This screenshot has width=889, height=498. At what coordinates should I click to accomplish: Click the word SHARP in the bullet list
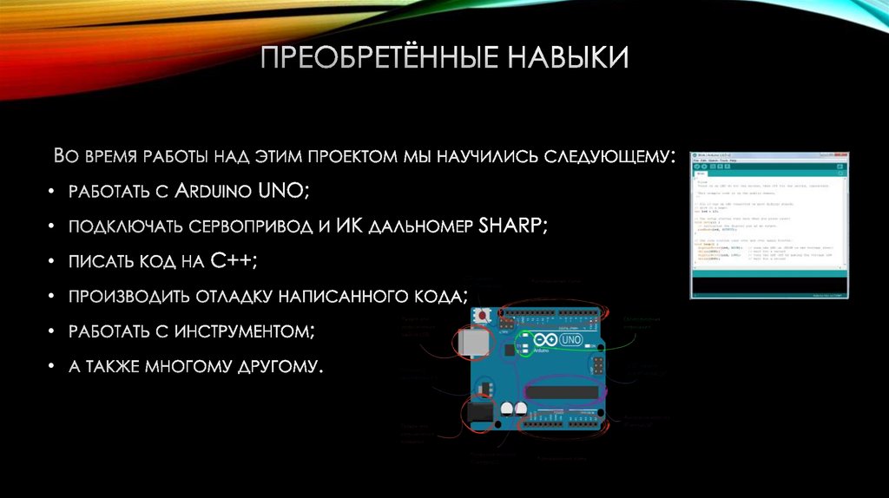(510, 226)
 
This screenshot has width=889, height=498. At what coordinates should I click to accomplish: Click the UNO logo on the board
(571, 340)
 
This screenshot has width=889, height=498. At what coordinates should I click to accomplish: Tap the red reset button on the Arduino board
(480, 313)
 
